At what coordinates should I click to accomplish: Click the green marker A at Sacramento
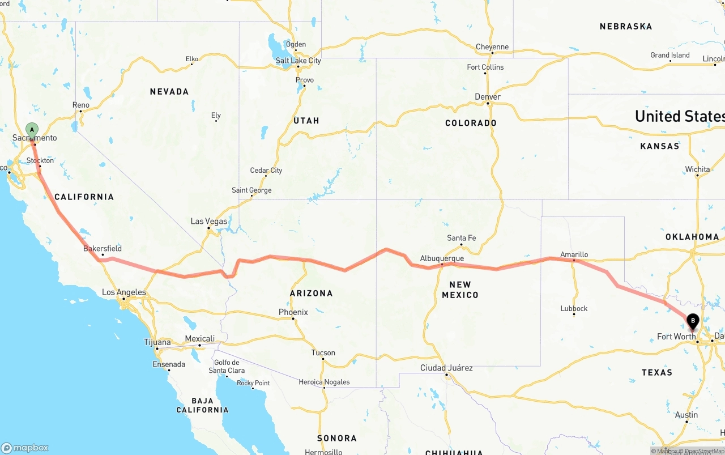pos(32,130)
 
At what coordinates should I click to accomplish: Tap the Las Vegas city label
pos(209,221)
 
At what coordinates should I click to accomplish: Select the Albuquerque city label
pos(442,258)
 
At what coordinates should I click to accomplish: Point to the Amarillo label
pos(574,254)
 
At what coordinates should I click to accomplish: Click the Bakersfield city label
pos(103,248)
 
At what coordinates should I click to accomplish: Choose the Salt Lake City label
pos(298,61)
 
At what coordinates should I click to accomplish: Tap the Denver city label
pos(488,97)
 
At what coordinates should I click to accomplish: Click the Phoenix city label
pos(293,312)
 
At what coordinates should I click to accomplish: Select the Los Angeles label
pos(123,292)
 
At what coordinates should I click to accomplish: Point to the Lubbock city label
pos(574,308)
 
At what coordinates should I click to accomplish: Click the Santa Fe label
pos(461,238)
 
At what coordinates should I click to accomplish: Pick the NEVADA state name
pos(169,91)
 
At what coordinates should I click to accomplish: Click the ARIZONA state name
pos(312,293)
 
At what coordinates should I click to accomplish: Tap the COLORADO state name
pos(471,123)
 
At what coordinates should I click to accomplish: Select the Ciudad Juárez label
pos(446,368)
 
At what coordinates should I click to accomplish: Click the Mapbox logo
pos(25,448)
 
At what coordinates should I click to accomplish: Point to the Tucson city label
pos(323,352)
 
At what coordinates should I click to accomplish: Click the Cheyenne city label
pos(492,47)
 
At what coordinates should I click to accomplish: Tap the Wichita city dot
pos(697,176)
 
